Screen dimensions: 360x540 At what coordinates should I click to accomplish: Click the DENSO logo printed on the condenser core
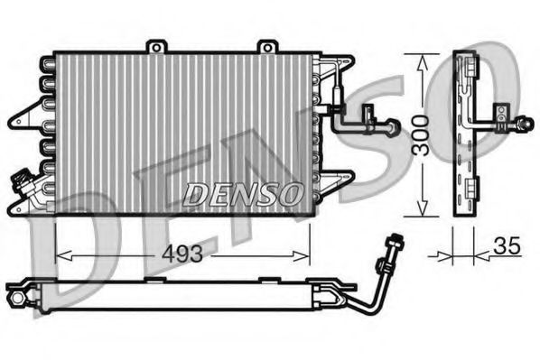tap(243, 192)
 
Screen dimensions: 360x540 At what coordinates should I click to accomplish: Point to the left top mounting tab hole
tap(156, 45)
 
